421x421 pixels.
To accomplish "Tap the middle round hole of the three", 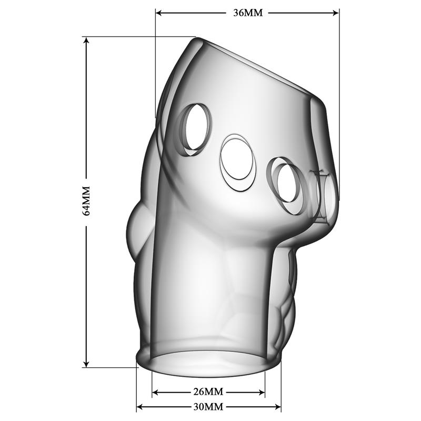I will pyautogui.click(x=238, y=161).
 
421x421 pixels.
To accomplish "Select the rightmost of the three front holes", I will pyautogui.click(x=287, y=187).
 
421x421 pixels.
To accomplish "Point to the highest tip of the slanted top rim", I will pyautogui.click(x=196, y=38).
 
